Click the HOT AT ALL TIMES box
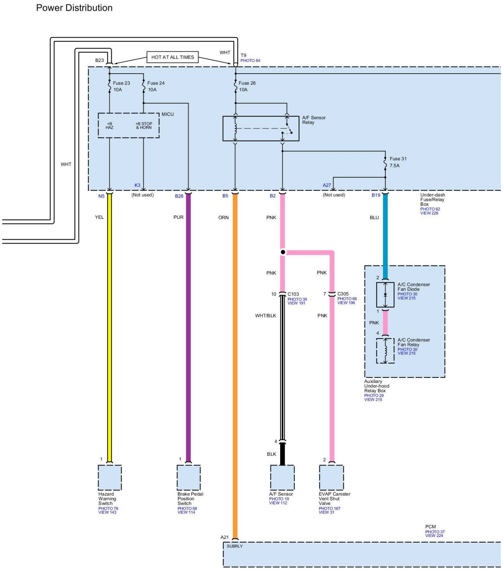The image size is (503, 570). [x=172, y=57]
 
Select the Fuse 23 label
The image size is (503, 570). [x=121, y=83]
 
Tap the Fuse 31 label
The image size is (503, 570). [x=398, y=159]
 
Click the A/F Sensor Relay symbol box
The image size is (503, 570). [x=261, y=129]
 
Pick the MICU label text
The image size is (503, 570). [x=168, y=114]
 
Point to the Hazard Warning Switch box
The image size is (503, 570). [x=110, y=477]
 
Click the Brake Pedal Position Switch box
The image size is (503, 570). [x=189, y=477]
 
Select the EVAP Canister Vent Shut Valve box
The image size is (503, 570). [x=331, y=477]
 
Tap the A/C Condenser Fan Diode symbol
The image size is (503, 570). [x=385, y=295]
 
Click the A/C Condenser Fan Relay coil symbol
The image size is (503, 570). [x=385, y=351]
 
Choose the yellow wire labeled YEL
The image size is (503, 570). [x=110, y=318]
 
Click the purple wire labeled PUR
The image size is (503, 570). [x=188, y=318]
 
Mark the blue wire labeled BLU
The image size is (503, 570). [x=385, y=235]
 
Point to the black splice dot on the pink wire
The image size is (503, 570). [x=283, y=252]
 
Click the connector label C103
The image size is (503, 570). [x=293, y=294]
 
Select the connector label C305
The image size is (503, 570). [x=343, y=294]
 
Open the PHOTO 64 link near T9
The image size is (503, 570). [x=250, y=60]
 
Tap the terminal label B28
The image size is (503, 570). [x=179, y=196]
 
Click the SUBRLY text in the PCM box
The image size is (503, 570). [x=235, y=546]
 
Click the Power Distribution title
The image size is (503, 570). [x=74, y=8]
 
